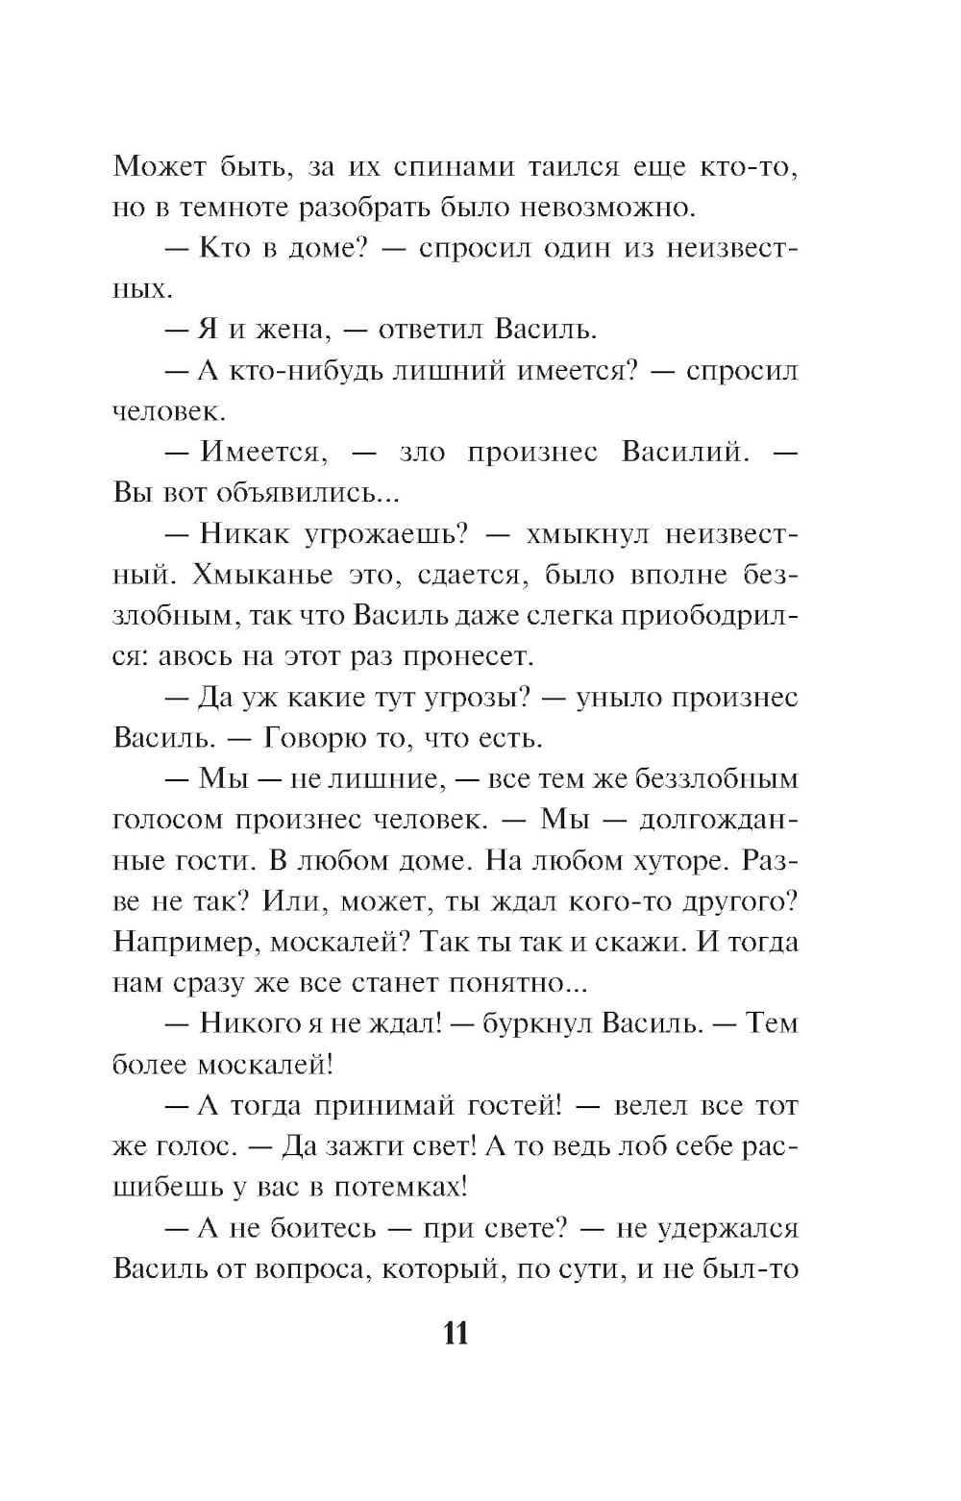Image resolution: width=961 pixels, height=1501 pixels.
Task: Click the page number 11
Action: pyautogui.click(x=456, y=1334)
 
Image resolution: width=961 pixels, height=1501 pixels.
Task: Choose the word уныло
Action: pyautogui.click(x=613, y=698)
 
